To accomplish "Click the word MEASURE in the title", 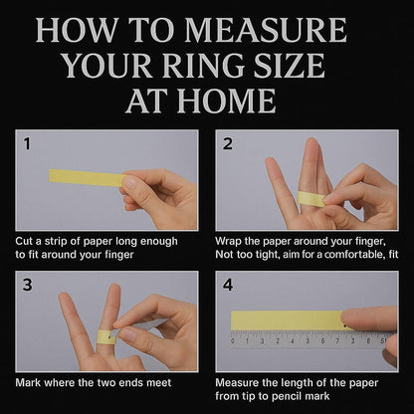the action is pyautogui.click(x=266, y=31).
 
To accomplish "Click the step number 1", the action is pyautogui.click(x=27, y=143).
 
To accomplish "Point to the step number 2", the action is pyautogui.click(x=228, y=143).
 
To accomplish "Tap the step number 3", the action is pyautogui.click(x=28, y=285).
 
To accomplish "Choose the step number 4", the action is pyautogui.click(x=228, y=285).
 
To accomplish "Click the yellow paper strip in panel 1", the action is pyautogui.click(x=87, y=177).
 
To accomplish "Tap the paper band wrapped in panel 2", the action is pyautogui.click(x=310, y=199).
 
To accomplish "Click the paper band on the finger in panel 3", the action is pyautogui.click(x=106, y=336).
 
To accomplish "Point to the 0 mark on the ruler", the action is pyautogui.click(x=233, y=341).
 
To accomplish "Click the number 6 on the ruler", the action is pyautogui.click(x=322, y=341).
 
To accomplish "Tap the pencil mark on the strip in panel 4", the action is pyautogui.click(x=345, y=326).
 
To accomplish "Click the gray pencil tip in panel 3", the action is pyautogui.click(x=114, y=332).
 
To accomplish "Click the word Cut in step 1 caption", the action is pyautogui.click(x=23, y=241).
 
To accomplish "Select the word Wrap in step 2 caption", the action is pyautogui.click(x=228, y=241).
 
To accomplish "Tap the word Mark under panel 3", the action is pyautogui.click(x=28, y=383).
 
